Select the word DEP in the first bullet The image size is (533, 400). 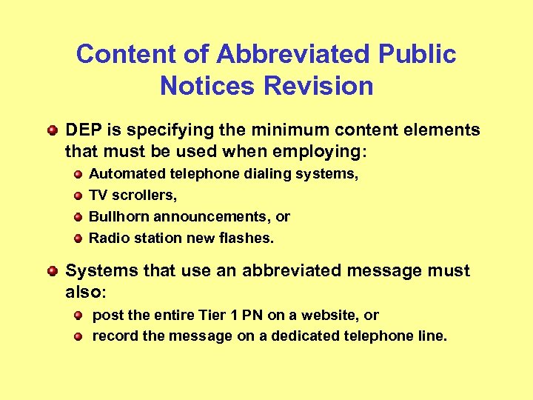coord(82,130)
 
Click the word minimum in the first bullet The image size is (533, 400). coord(278,130)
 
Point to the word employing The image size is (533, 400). coord(324,151)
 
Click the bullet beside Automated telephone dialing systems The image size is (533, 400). coord(78,175)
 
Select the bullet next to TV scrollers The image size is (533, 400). coord(78,196)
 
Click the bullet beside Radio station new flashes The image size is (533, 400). coord(78,239)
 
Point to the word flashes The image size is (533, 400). coord(248,238)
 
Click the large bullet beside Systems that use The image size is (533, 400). coord(52,271)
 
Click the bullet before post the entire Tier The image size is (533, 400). coord(78,316)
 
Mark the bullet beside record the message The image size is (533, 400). coord(78,336)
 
